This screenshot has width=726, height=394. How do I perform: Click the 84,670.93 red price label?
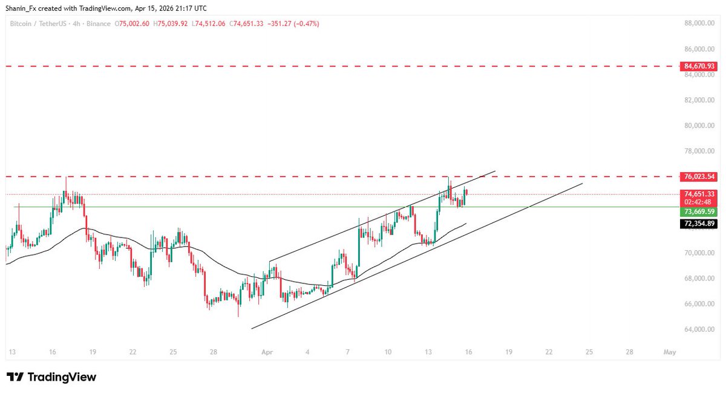click(x=698, y=66)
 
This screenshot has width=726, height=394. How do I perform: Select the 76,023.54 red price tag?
click(x=698, y=176)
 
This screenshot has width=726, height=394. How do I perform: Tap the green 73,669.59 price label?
click(x=698, y=212)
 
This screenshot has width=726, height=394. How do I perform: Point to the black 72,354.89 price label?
click(x=698, y=224)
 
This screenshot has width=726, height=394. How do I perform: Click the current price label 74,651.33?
click(x=698, y=194)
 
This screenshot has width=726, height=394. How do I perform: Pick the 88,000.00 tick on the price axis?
click(x=697, y=24)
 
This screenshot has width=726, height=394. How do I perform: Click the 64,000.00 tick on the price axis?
click(x=697, y=329)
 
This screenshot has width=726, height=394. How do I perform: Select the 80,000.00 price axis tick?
click(x=697, y=126)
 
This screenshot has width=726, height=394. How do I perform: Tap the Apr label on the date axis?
click(x=267, y=351)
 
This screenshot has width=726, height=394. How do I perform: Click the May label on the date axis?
click(x=669, y=351)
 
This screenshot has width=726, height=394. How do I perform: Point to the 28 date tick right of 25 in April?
click(x=630, y=351)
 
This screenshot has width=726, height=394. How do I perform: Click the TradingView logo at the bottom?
click(x=51, y=377)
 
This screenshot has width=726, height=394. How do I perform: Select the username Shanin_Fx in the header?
click(x=23, y=8)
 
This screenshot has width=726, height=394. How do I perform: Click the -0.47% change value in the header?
click(x=306, y=24)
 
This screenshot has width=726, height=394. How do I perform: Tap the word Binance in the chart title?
click(x=99, y=24)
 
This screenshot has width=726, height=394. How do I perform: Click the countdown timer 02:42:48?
click(x=698, y=202)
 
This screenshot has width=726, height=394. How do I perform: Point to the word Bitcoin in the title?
click(x=21, y=24)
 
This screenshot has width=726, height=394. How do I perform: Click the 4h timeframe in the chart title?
click(x=76, y=24)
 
